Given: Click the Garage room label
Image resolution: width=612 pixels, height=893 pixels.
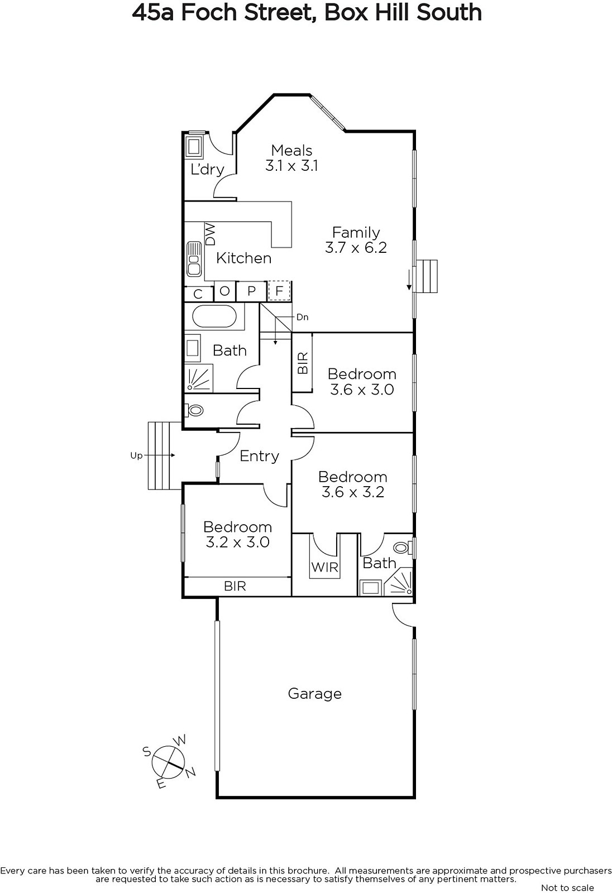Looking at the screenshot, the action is [314, 694].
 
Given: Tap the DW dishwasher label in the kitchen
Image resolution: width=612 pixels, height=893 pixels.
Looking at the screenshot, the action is [211, 234].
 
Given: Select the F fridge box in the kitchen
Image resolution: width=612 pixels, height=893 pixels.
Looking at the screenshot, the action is [279, 291].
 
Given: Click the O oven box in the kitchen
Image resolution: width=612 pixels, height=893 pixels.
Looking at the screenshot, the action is [225, 291].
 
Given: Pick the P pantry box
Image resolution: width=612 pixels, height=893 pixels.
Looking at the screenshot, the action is [251, 291].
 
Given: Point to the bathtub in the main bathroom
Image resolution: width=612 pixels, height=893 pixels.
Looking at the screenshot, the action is [214, 316].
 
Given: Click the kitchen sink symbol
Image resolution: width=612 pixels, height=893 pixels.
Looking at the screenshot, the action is [194, 259].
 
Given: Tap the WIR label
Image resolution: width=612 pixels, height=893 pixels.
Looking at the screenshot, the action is [325, 567].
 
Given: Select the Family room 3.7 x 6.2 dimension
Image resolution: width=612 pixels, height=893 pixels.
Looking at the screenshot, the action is [356, 248].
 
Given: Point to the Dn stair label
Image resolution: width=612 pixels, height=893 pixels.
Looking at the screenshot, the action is [303, 318].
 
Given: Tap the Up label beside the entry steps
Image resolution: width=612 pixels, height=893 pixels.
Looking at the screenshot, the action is [136, 455].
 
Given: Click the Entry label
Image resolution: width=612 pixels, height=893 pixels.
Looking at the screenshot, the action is [259, 456].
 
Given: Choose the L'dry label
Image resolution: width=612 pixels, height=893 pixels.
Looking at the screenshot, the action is [208, 170].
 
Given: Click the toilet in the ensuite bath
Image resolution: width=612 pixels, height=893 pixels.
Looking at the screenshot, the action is [402, 548].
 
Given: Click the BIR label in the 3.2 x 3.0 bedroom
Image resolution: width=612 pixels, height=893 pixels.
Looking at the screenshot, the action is [235, 586].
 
